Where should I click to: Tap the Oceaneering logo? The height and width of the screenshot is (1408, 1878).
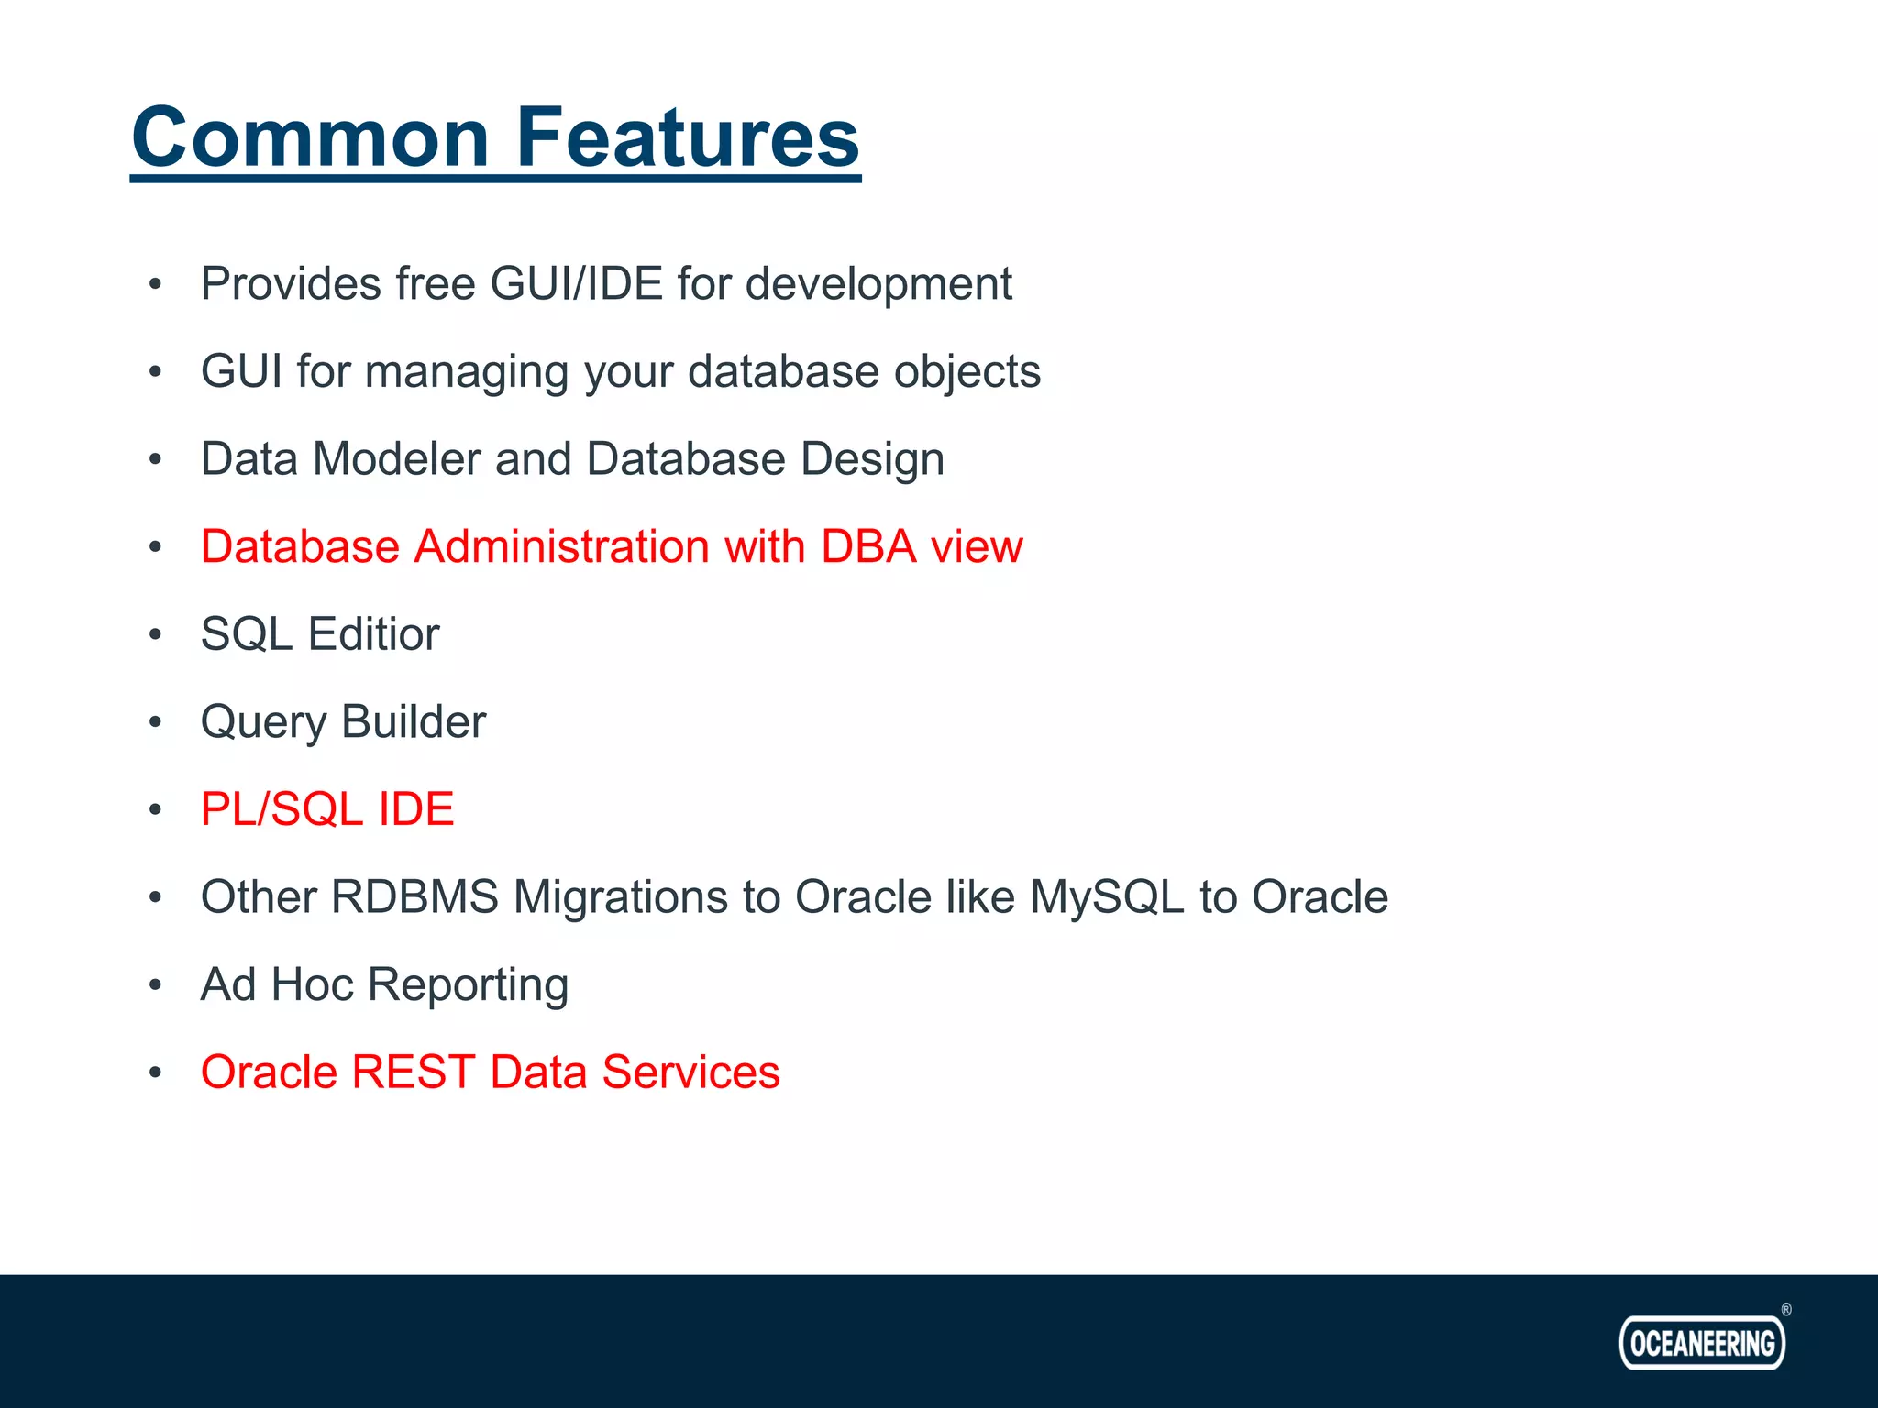1702,1343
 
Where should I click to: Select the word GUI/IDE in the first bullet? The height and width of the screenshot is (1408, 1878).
576,283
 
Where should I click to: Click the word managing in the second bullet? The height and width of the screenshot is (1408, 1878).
467,373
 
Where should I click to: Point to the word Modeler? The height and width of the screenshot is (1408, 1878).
396,458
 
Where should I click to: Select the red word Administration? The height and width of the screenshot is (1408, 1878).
562,546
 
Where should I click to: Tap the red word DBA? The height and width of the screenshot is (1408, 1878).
868,546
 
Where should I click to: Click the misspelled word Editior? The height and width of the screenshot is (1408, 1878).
373,634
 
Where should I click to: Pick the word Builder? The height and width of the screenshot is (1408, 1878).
414,721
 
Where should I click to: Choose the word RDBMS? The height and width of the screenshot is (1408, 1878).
414,896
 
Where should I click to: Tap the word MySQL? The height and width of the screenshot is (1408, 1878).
1107,898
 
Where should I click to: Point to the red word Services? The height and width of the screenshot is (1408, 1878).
690,1072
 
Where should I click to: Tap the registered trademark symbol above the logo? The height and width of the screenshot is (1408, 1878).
1786,1310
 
